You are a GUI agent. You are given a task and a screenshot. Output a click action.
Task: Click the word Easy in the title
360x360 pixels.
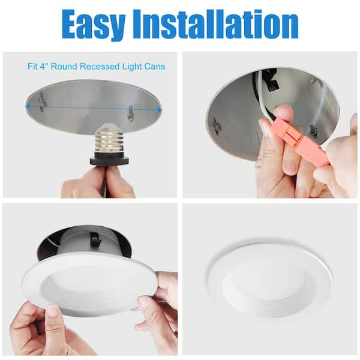click(x=94, y=25)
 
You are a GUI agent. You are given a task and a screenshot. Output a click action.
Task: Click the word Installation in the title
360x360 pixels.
click(x=216, y=24)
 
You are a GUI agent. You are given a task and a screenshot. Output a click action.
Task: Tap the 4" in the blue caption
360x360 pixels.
click(x=43, y=67)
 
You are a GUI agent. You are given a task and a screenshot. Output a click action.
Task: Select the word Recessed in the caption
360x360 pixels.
click(x=100, y=67)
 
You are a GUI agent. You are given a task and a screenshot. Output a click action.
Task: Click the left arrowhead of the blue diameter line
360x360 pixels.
click(x=28, y=107)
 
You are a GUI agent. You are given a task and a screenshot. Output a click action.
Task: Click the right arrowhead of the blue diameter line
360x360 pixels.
click(x=160, y=110)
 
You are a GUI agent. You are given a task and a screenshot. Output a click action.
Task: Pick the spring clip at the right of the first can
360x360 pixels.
click(x=130, y=113)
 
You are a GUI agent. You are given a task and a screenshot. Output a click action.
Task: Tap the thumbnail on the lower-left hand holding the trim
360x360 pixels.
click(x=53, y=310)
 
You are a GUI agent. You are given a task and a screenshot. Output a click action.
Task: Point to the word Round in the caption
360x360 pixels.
click(x=64, y=67)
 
